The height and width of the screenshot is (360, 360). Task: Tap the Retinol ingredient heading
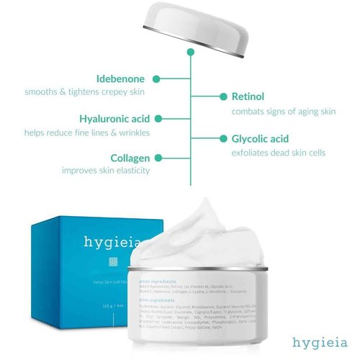(x=248, y=96)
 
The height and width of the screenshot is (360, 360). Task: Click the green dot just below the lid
(x=190, y=52)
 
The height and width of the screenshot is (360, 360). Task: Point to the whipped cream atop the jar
(x=209, y=230)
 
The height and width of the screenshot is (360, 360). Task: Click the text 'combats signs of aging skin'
(x=283, y=112)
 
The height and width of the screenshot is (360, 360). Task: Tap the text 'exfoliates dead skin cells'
(x=278, y=153)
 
